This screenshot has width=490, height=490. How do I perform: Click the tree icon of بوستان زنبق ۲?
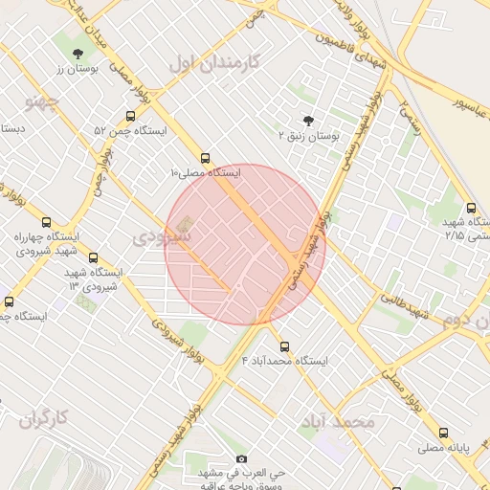point(308,120)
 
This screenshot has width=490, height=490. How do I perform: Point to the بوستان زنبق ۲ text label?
point(307,136)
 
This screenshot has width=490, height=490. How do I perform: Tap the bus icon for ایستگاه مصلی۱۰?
point(206,158)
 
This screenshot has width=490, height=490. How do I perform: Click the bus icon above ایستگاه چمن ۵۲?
point(130,114)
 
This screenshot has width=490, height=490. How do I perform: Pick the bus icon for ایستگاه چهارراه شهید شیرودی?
point(46,222)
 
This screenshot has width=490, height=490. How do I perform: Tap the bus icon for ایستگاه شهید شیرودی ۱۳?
point(93,257)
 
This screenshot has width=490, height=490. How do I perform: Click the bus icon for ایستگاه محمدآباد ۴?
point(284,345)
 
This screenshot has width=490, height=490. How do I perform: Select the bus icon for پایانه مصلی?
point(443,433)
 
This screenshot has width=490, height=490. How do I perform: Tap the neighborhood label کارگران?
point(45,417)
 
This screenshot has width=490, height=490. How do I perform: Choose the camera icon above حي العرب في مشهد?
point(240,459)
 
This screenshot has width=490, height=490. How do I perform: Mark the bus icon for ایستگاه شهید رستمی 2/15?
point(471,208)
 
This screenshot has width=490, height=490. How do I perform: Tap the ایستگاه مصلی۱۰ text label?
point(205,173)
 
